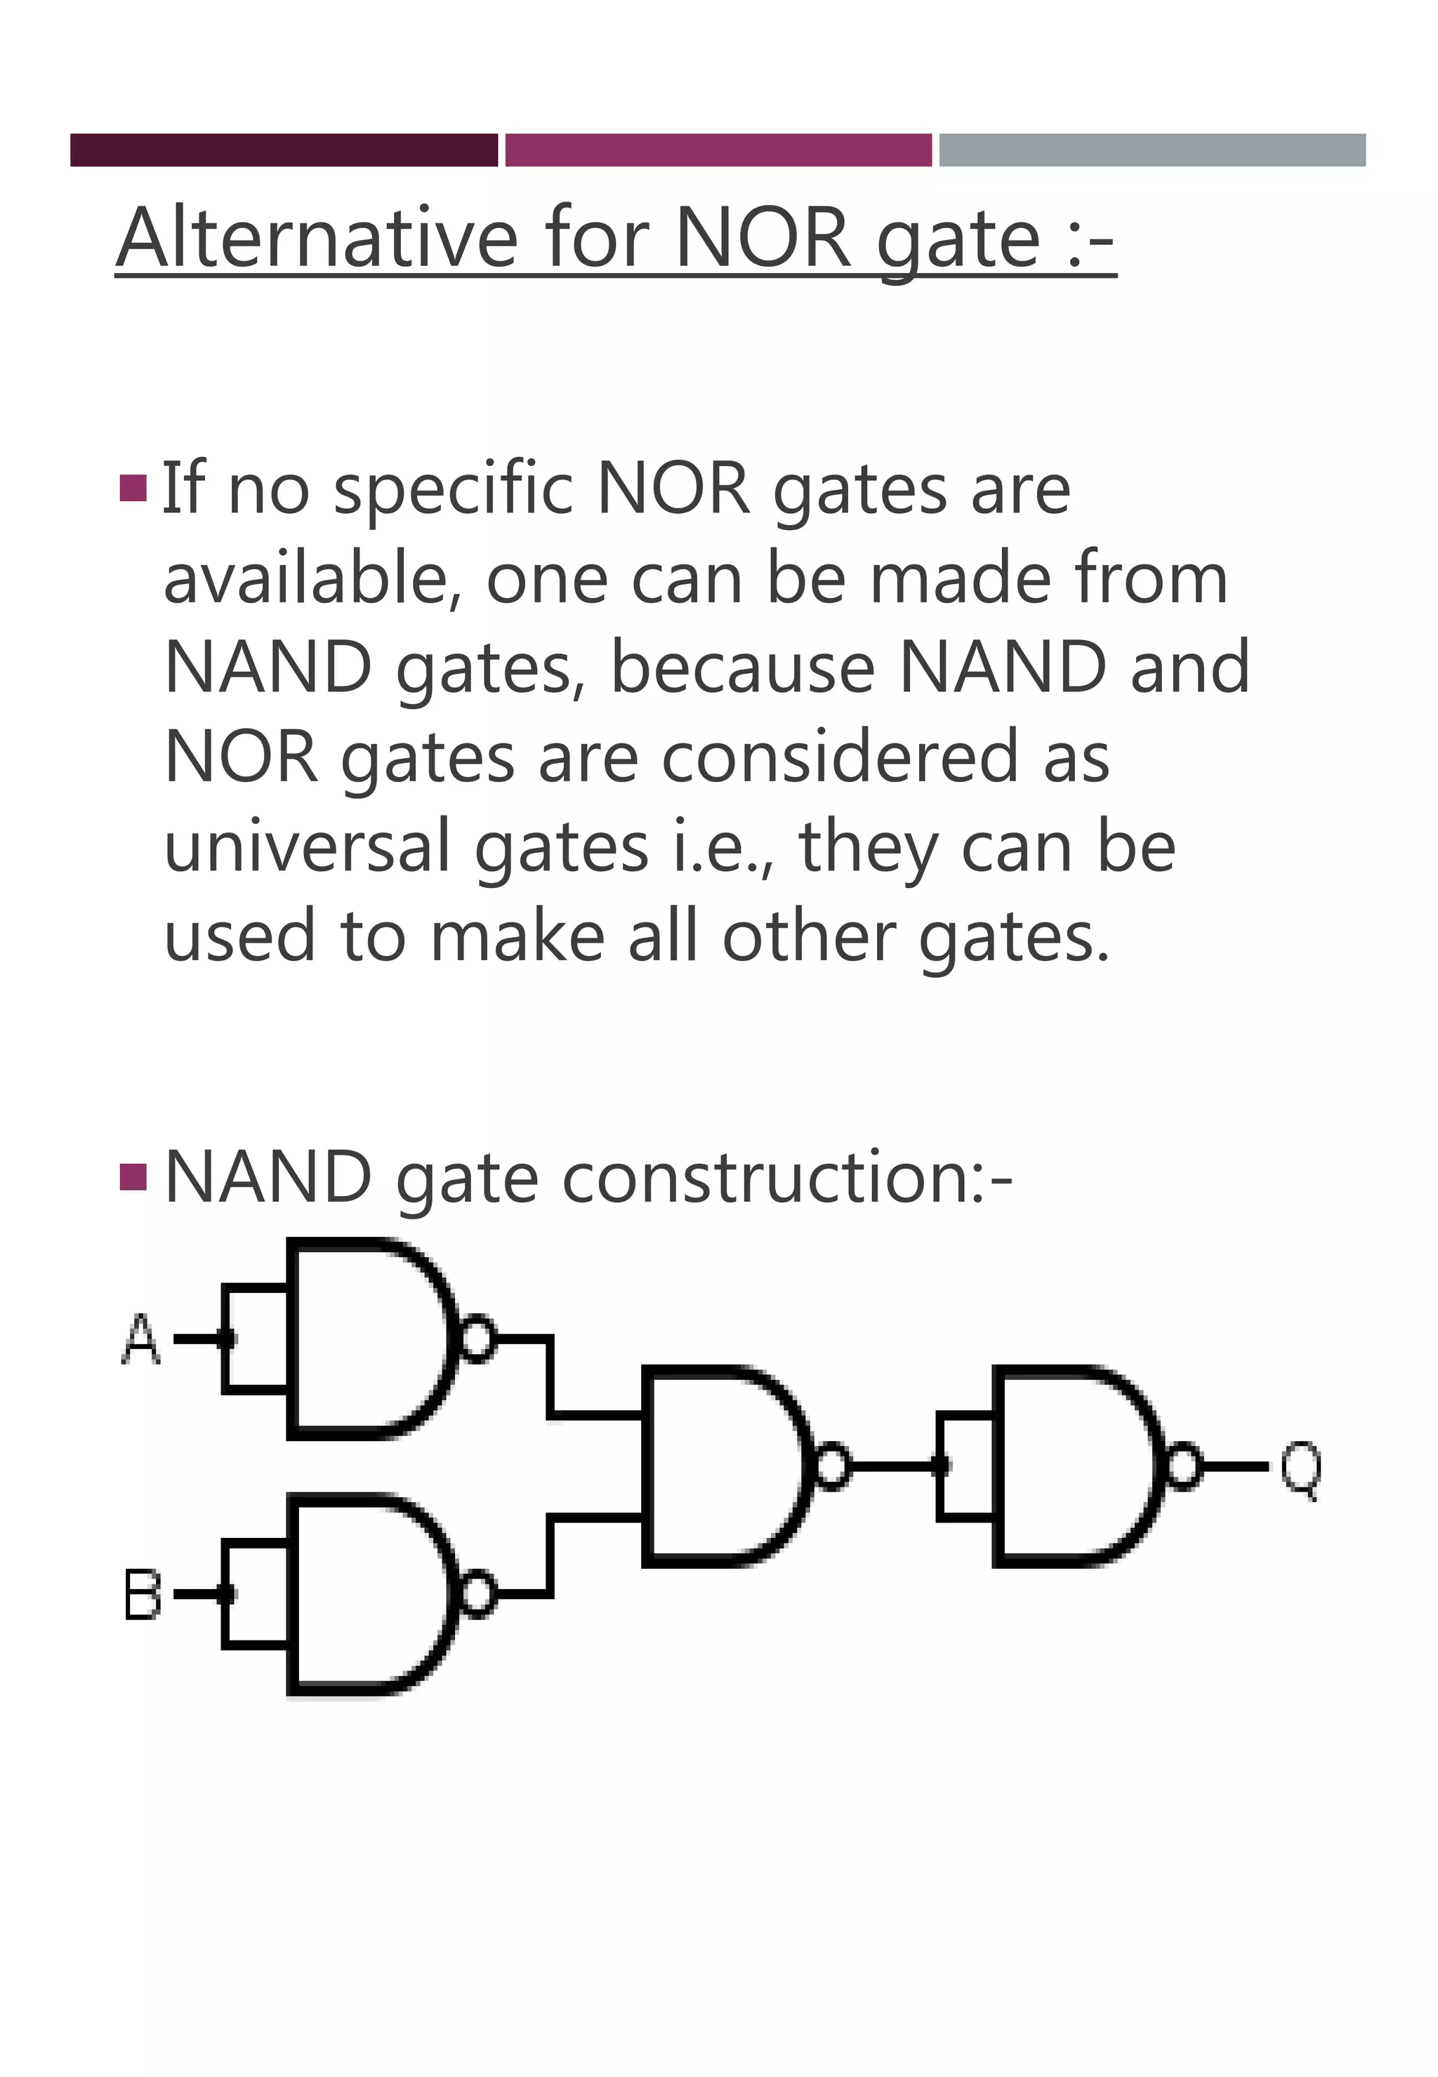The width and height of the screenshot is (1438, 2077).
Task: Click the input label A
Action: point(140,1339)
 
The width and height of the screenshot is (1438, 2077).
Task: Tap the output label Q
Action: point(1301,1468)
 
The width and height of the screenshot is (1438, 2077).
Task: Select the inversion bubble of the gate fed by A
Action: point(477,1339)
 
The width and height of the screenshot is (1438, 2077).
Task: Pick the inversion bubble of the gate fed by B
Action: point(477,1594)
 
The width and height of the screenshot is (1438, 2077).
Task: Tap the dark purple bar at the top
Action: point(284,150)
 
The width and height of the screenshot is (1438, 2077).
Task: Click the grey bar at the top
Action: point(1152,150)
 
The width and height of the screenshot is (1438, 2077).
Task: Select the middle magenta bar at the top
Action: point(718,150)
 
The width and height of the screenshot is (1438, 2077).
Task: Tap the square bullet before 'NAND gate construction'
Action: point(133,1176)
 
